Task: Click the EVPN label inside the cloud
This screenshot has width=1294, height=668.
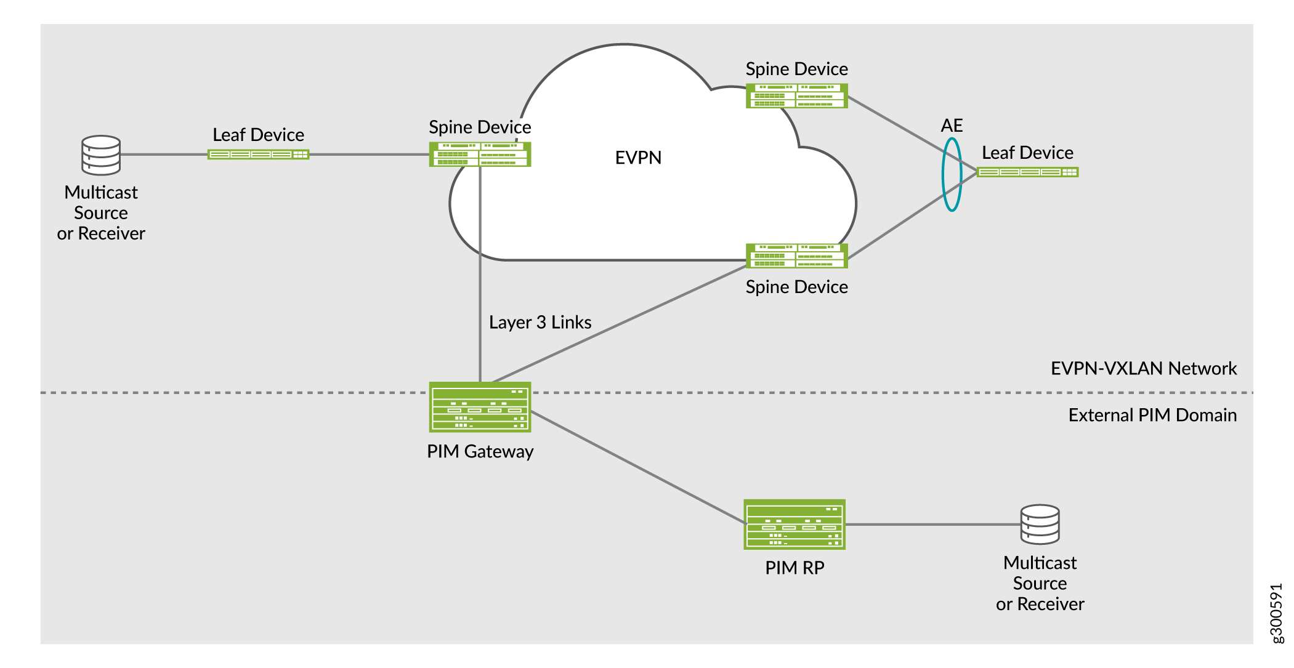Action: click(638, 158)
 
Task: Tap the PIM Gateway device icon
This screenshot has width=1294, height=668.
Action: click(480, 407)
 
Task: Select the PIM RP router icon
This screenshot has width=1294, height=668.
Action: click(795, 524)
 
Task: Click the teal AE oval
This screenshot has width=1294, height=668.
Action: click(952, 174)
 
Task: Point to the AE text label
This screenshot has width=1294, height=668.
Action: click(952, 126)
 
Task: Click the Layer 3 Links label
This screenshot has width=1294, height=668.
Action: click(540, 323)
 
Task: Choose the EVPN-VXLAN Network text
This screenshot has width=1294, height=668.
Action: click(1143, 368)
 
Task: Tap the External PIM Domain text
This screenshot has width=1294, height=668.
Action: click(1152, 415)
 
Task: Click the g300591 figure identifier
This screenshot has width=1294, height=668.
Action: click(1277, 613)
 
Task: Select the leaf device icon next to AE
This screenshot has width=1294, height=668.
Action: click(1028, 172)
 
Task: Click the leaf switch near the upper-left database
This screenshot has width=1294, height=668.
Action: click(258, 155)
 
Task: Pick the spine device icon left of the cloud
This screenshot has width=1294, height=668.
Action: click(480, 155)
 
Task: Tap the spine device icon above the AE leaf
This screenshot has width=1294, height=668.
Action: click(796, 96)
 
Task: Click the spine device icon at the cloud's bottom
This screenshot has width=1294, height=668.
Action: click(796, 256)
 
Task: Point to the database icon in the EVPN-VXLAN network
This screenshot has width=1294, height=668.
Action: click(101, 155)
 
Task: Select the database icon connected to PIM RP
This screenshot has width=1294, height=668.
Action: click(1040, 525)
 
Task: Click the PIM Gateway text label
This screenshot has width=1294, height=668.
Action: click(480, 451)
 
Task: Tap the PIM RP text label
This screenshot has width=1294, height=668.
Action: click(795, 568)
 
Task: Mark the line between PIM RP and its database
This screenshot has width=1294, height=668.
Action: click(933, 525)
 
